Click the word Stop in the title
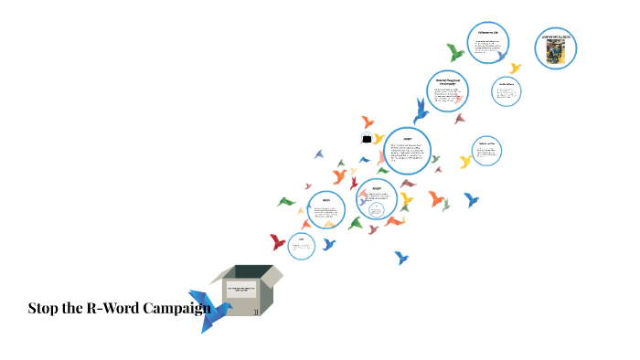coord(45,308)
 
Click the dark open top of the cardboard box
coord(245,271)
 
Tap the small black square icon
coord(367,138)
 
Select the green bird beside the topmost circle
coord(455,52)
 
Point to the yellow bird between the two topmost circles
coord(515,69)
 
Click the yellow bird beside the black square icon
coord(379,139)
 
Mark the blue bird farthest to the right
coord(471,199)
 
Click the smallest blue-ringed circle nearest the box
coord(301,245)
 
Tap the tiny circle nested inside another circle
coord(375,210)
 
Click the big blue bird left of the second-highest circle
coord(421,111)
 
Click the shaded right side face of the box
coord(267,294)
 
